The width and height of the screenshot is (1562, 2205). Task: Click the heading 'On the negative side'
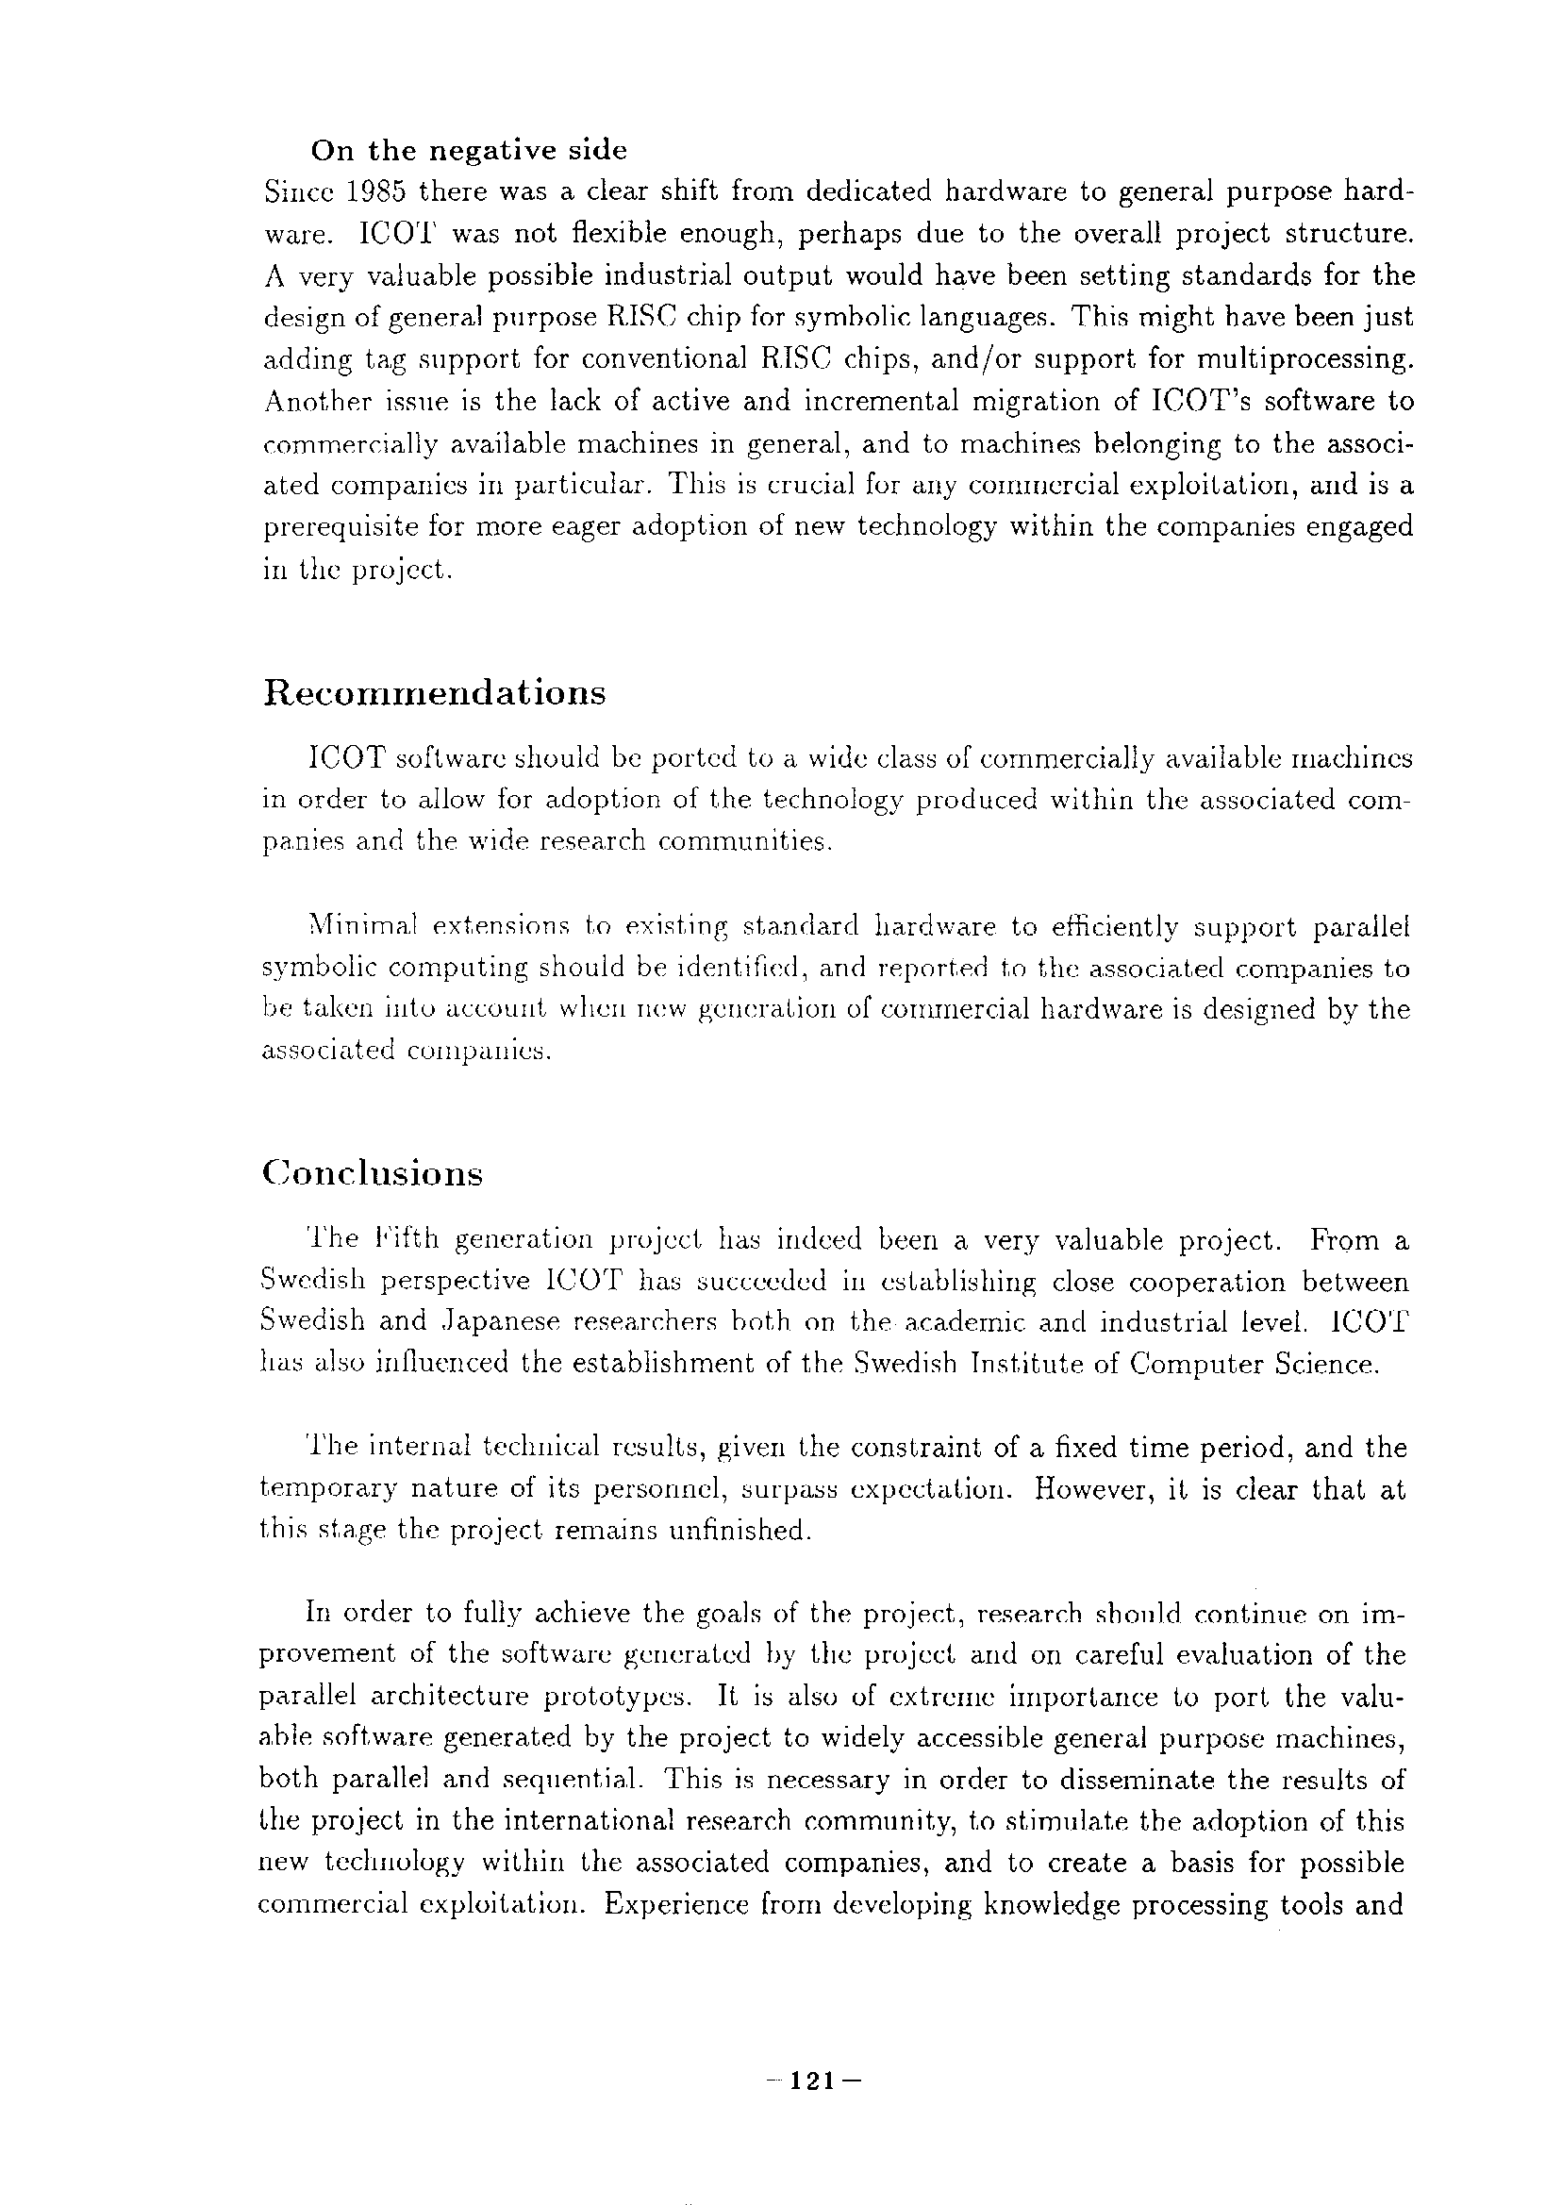(x=468, y=151)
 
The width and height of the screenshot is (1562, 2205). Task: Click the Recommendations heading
(x=434, y=692)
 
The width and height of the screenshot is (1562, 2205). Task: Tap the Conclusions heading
(x=372, y=1174)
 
